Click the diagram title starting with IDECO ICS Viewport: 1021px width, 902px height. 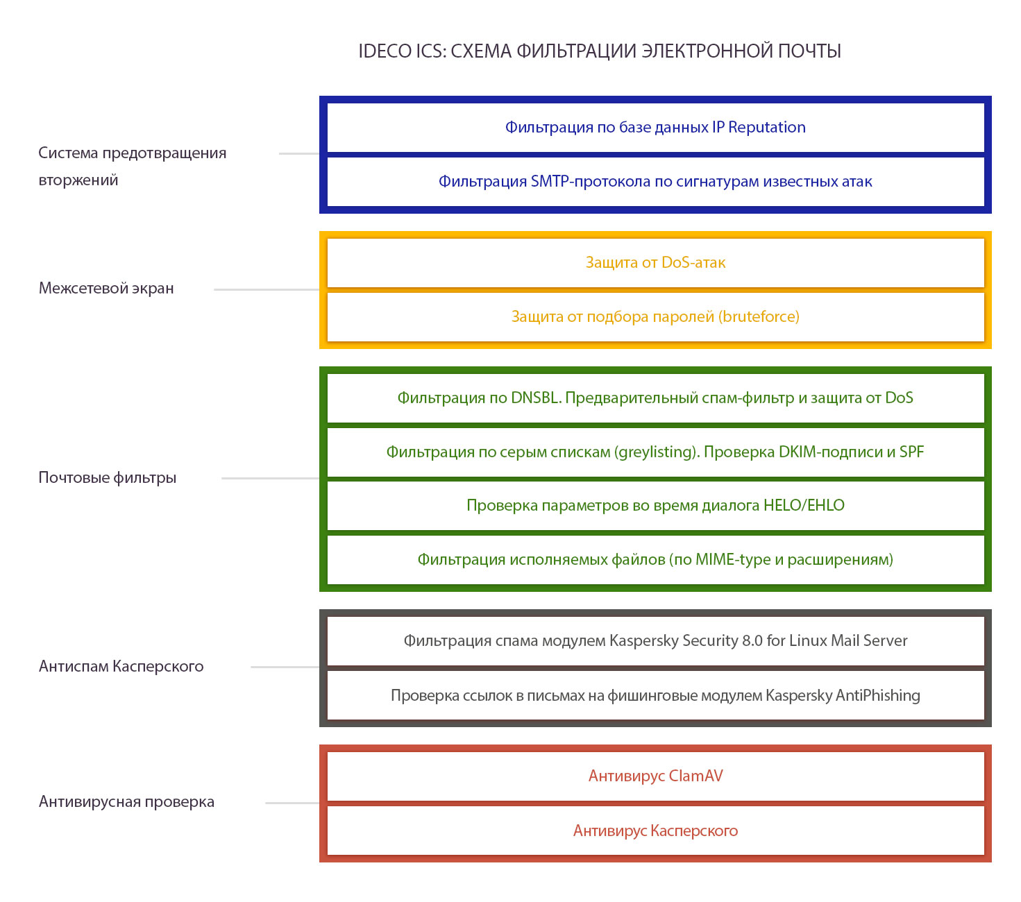click(x=599, y=51)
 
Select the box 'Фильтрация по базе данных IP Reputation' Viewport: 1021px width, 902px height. click(x=655, y=128)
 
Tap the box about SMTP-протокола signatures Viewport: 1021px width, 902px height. click(x=655, y=181)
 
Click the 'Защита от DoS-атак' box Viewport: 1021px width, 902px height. click(x=655, y=262)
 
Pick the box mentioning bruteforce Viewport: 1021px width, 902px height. click(x=655, y=316)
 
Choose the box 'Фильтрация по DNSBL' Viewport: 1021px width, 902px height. click(x=655, y=398)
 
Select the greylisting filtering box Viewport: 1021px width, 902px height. click(x=655, y=452)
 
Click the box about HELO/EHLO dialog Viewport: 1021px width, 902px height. click(x=655, y=505)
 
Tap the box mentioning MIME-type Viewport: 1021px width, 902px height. click(x=655, y=559)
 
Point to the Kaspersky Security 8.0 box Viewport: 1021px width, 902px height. click(x=655, y=641)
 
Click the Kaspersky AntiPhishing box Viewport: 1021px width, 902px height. click(x=655, y=695)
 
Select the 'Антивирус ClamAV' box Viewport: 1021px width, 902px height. click(x=655, y=776)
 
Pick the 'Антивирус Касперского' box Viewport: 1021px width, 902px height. click(x=655, y=831)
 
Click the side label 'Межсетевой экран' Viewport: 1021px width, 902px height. click(x=106, y=288)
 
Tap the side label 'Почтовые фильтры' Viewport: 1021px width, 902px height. click(x=108, y=477)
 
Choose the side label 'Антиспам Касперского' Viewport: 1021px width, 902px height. click(x=121, y=667)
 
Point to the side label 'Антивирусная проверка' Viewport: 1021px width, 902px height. click(x=126, y=801)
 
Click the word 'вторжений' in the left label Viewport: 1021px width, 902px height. click(x=78, y=180)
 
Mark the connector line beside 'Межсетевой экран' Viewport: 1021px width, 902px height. click(x=267, y=290)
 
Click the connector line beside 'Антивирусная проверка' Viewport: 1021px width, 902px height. click(x=292, y=803)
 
